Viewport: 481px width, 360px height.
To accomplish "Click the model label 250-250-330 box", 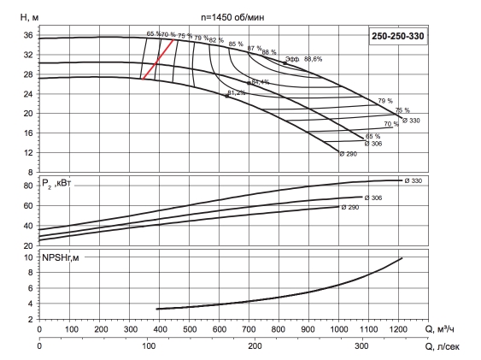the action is (398, 36).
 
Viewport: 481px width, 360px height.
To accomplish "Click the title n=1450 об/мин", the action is (232, 17).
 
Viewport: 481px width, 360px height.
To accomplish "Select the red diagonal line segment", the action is (158, 59).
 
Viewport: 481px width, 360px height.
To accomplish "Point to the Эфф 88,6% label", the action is (303, 59).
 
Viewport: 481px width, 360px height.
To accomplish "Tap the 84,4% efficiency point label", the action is (260, 82).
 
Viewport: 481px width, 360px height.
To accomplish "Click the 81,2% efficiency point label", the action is (236, 92).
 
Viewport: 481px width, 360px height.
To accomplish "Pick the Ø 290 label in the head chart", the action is (349, 154).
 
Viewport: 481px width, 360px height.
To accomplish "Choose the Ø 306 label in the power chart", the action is (373, 198).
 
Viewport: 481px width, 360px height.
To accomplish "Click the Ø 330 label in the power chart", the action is (414, 180).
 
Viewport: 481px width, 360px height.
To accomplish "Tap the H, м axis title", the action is (29, 17).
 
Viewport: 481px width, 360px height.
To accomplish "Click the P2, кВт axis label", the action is (56, 184).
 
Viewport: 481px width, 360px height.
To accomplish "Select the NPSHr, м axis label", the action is (61, 257).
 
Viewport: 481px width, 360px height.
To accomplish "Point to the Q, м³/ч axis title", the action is (439, 329).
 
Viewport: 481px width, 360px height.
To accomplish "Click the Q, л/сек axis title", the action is (442, 346).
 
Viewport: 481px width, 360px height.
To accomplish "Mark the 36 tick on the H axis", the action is (28, 35).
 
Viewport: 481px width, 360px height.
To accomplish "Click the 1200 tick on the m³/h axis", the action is (399, 329).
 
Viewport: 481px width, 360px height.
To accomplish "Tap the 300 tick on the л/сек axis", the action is (361, 346).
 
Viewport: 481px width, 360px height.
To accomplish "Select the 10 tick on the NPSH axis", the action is (28, 257).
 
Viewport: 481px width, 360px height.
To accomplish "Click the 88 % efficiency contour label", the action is (269, 52).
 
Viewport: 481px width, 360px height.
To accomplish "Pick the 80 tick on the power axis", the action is (28, 186).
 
